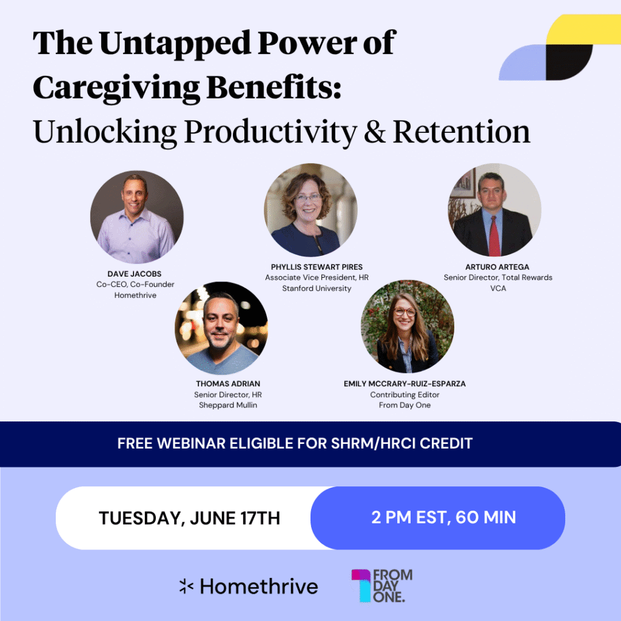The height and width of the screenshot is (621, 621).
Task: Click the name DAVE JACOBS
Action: pyautogui.click(x=134, y=274)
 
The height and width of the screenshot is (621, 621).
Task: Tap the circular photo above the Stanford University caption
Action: pyautogui.click(x=311, y=210)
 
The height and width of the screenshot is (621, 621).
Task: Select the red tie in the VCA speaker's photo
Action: pyautogui.click(x=494, y=236)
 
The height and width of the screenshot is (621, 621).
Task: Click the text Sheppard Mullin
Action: pyautogui.click(x=228, y=405)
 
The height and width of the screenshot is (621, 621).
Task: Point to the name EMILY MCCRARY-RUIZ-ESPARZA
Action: pyautogui.click(x=404, y=384)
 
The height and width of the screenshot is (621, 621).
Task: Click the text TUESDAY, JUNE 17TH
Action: pyautogui.click(x=189, y=518)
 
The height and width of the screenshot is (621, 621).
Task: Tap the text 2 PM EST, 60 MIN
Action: pyautogui.click(x=443, y=517)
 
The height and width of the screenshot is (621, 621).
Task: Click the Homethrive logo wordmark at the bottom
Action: pyautogui.click(x=259, y=586)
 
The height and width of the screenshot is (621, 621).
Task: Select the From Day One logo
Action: pyautogui.click(x=382, y=586)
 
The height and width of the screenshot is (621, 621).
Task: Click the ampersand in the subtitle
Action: pyautogui.click(x=374, y=132)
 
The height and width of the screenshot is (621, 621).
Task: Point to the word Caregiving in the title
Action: pyautogui.click(x=116, y=88)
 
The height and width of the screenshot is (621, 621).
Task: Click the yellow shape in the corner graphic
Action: pyautogui.click(x=583, y=30)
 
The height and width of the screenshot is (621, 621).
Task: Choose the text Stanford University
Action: pyautogui.click(x=317, y=288)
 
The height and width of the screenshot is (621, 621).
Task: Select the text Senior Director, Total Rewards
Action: pyautogui.click(x=498, y=277)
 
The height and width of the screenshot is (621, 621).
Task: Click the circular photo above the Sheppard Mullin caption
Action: pyautogui.click(x=221, y=328)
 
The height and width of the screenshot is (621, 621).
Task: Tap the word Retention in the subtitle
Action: pyautogui.click(x=462, y=132)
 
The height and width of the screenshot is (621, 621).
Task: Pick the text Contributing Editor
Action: pyautogui.click(x=404, y=394)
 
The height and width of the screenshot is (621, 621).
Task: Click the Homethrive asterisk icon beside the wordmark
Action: pyautogui.click(x=186, y=586)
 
